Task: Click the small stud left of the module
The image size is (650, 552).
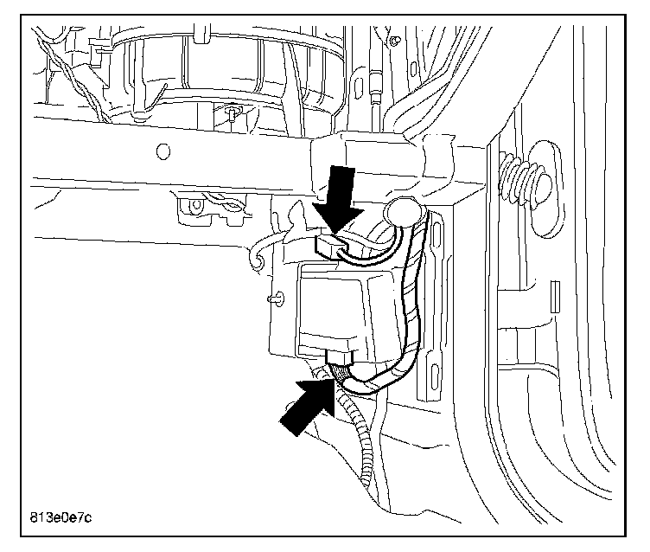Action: click(276, 298)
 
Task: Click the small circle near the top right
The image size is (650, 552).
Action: click(394, 40)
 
